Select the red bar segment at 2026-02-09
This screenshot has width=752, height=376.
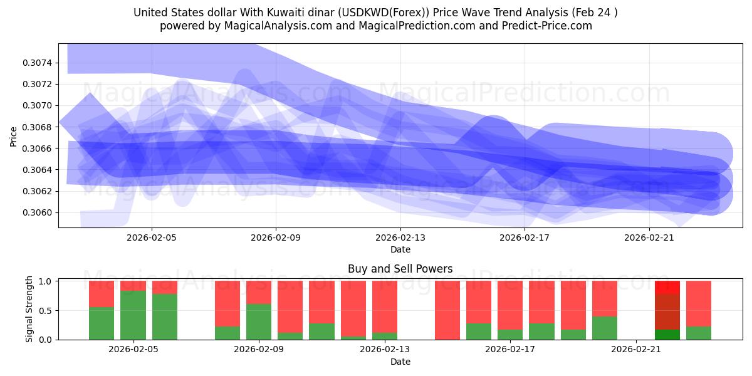pos(259,292)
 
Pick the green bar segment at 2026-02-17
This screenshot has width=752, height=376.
pos(510,335)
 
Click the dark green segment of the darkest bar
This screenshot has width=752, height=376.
pos(667,335)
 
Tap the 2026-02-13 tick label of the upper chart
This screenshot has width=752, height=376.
pos(400,238)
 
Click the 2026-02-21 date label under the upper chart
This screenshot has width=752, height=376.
pos(649,238)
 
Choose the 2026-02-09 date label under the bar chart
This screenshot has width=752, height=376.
pos(259,350)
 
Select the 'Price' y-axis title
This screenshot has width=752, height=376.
pos(14,136)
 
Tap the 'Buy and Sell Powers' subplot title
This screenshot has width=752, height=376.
pos(400,269)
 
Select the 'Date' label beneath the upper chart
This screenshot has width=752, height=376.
pos(400,249)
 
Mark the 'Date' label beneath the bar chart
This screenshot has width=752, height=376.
pos(400,362)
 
